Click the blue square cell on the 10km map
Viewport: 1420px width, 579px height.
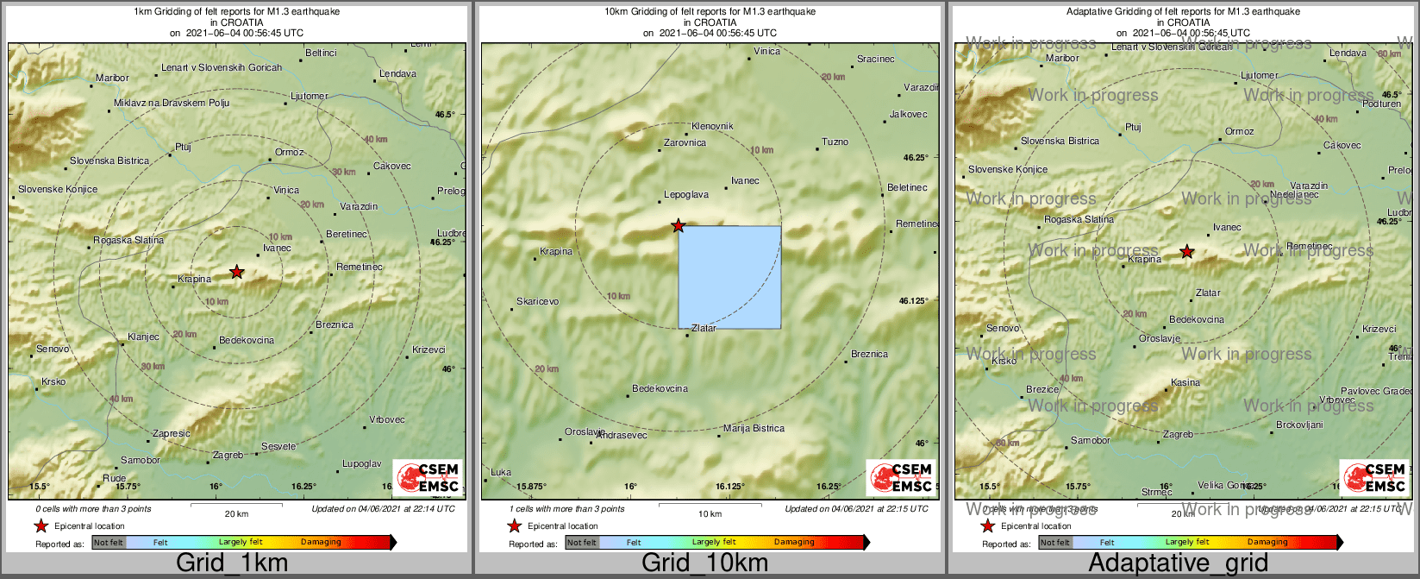pyautogui.click(x=729, y=277)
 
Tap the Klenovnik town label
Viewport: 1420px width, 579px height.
pyautogui.click(x=712, y=126)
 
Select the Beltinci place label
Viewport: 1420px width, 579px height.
pyautogui.click(x=321, y=53)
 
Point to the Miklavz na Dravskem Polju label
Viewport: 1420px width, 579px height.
pyautogui.click(x=172, y=104)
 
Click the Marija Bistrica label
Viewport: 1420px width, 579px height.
pyautogui.click(x=754, y=429)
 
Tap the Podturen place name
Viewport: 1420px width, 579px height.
pyautogui.click(x=1381, y=104)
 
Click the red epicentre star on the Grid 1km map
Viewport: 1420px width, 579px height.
pyautogui.click(x=237, y=272)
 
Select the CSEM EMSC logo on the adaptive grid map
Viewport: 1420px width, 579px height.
pyautogui.click(x=1374, y=477)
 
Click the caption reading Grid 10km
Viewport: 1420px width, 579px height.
pyautogui.click(x=704, y=563)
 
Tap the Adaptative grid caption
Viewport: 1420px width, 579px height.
pyautogui.click(x=1178, y=563)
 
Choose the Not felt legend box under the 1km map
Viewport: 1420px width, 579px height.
pyautogui.click(x=109, y=543)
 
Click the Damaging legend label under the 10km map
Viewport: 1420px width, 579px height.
pyautogui.click(x=793, y=543)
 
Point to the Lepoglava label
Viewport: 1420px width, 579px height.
pyautogui.click(x=686, y=195)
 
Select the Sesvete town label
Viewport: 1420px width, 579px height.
pyautogui.click(x=278, y=447)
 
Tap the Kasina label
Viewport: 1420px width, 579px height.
pyautogui.click(x=1185, y=383)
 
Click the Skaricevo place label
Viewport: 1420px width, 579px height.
pyautogui.click(x=537, y=302)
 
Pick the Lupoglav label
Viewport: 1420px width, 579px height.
pyautogui.click(x=361, y=464)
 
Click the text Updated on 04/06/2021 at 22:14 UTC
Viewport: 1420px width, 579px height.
pyautogui.click(x=383, y=509)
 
